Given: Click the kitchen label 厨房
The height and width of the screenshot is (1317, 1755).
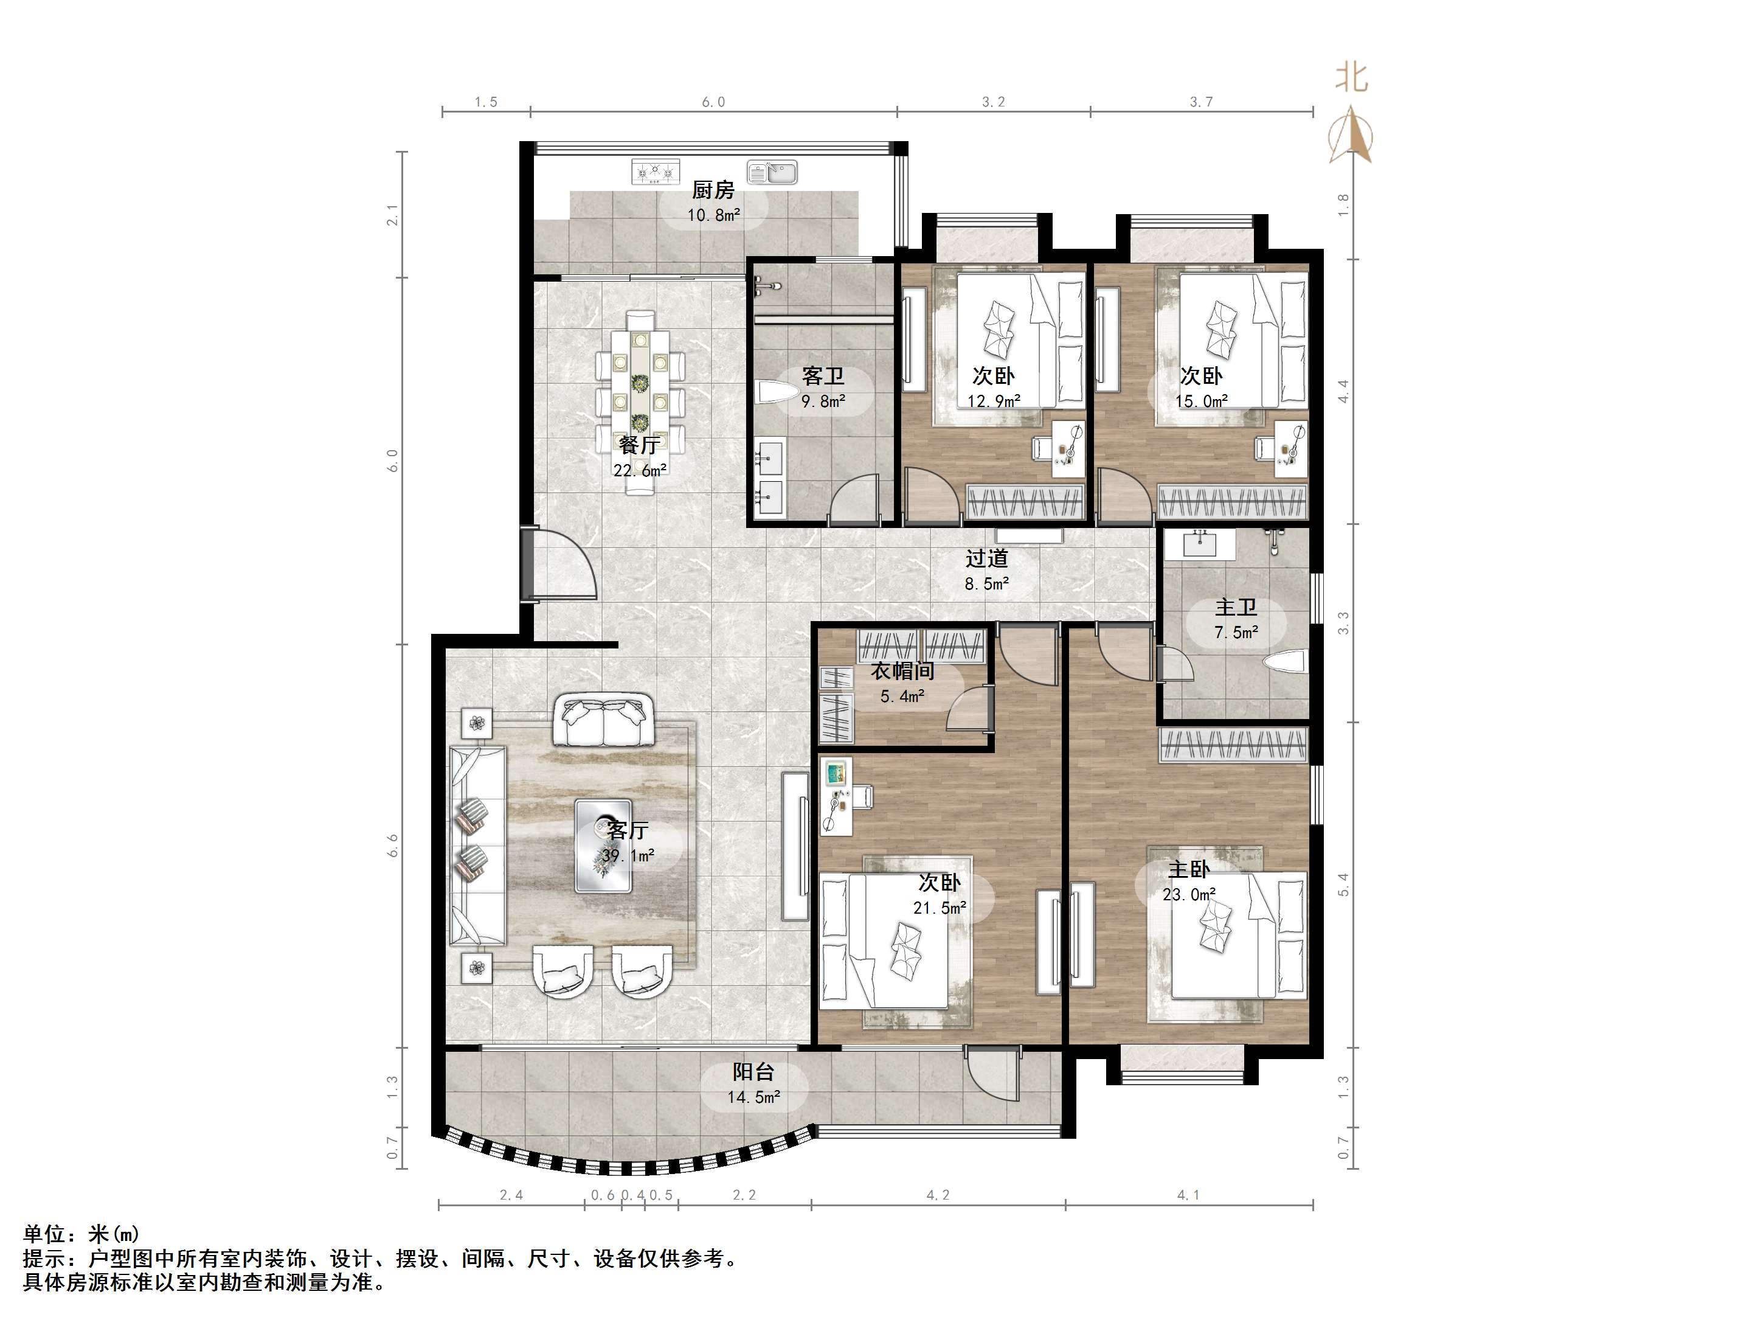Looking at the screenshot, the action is point(713,190).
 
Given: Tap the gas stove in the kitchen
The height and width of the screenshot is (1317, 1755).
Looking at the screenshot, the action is point(656,172).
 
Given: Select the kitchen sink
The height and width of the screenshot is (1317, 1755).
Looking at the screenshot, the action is point(772,172).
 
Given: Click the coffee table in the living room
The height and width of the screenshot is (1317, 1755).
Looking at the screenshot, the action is point(603,846).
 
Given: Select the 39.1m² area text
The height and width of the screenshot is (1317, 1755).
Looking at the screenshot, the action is point(628,856).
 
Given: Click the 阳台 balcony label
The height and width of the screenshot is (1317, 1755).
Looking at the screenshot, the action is point(753,1072).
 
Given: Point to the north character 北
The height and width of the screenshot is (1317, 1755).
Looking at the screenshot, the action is point(1351,78).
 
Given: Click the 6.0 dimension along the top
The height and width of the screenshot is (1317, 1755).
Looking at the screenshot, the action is point(713,102).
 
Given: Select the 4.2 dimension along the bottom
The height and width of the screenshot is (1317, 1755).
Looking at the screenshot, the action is point(938,1195).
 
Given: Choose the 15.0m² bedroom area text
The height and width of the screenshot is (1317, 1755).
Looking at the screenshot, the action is point(1201,401).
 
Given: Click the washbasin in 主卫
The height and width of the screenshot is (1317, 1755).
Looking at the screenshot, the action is point(1209,544).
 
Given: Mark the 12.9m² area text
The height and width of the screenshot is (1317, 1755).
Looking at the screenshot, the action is point(993,401).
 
